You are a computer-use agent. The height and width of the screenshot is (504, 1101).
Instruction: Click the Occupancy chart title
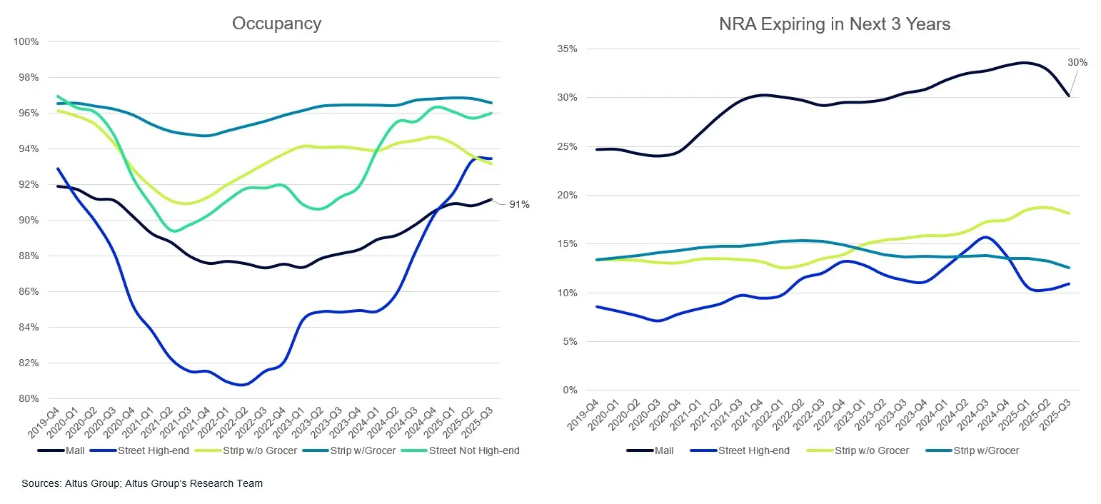point(276,23)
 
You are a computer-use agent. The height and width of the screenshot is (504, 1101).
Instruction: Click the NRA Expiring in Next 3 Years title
point(835,24)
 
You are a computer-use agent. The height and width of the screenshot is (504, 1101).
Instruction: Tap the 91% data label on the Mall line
point(519,205)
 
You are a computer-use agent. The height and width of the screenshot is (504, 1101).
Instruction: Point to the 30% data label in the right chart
point(1077,62)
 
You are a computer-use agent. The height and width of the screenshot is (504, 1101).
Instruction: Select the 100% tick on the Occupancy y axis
point(26,41)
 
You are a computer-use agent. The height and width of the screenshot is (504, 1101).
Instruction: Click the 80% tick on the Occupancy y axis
point(28,398)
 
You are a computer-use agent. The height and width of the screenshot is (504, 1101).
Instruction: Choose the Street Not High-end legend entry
point(474,450)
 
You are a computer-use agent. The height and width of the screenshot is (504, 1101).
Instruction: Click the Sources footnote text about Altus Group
point(142,483)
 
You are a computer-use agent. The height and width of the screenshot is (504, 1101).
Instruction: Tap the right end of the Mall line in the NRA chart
point(1069,95)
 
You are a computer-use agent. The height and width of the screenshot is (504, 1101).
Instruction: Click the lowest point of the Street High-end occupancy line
point(242,385)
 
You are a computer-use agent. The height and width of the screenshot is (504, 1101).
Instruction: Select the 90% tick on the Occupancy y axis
point(28,220)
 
